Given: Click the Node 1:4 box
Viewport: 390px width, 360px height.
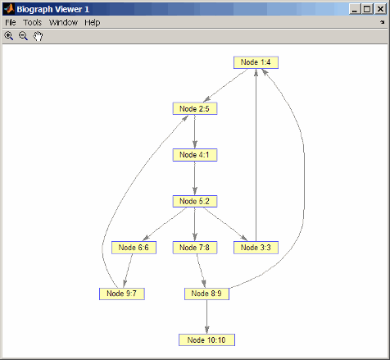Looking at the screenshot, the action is (x=256, y=62).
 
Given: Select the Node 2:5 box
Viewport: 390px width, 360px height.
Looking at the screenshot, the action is (x=195, y=108).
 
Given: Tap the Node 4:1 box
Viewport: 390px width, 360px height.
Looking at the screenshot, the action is (x=195, y=155).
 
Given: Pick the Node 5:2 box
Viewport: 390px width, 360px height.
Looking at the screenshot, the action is (x=195, y=201).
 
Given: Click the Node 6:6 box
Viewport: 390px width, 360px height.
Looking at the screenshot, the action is (x=134, y=248).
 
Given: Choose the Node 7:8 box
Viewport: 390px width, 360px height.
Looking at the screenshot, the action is (x=195, y=248).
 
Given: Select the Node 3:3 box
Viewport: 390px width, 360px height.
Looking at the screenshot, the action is (x=256, y=248).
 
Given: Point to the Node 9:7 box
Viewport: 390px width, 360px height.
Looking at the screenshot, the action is (x=122, y=294).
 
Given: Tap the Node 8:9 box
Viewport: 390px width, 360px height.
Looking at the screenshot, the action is (x=206, y=294).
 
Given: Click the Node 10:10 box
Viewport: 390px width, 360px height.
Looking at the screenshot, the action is (x=206, y=339).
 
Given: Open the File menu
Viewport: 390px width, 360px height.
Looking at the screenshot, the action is (x=11, y=22).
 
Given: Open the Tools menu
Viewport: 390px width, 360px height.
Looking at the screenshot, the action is (x=32, y=22).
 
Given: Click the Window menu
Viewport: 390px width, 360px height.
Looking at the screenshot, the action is (x=63, y=22).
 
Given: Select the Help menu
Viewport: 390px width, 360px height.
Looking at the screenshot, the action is (x=93, y=22).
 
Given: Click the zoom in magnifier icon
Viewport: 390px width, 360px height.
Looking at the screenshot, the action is (x=9, y=36).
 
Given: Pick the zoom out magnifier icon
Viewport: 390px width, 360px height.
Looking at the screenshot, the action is (x=23, y=36).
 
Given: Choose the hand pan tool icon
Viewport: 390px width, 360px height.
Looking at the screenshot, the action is (x=38, y=36).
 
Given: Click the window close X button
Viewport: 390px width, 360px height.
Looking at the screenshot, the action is (x=380, y=9).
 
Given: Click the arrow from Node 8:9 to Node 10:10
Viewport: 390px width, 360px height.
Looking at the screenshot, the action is (x=206, y=317).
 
